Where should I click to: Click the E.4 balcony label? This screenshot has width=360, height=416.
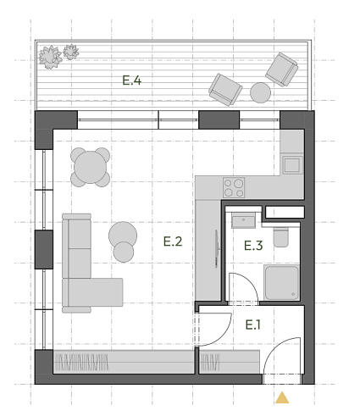click(132, 80)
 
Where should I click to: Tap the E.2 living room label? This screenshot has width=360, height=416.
click(173, 241)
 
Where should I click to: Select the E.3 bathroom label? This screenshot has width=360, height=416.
click(253, 246)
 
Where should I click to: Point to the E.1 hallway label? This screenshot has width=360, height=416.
click(252, 324)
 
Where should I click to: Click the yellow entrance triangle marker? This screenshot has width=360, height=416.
click(282, 397)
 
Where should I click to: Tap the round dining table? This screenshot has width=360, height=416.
click(91, 167)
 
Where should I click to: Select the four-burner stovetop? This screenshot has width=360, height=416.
click(234, 187)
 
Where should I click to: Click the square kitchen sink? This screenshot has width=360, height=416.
click(292, 165)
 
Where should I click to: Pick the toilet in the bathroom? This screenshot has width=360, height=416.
click(281, 237)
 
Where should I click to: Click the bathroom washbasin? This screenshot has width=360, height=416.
click(243, 220)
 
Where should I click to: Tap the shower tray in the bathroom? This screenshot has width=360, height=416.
click(281, 282)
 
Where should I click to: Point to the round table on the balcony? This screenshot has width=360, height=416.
click(260, 92)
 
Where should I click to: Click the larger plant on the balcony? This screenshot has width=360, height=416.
click(50, 58)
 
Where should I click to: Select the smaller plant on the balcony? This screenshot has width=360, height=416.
click(71, 52)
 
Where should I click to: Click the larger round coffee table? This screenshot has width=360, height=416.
click(123, 235)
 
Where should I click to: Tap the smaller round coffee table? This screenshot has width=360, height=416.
click(124, 252)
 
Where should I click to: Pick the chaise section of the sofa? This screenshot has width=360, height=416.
click(93, 292)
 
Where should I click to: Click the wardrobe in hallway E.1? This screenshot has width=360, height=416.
click(229, 362)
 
